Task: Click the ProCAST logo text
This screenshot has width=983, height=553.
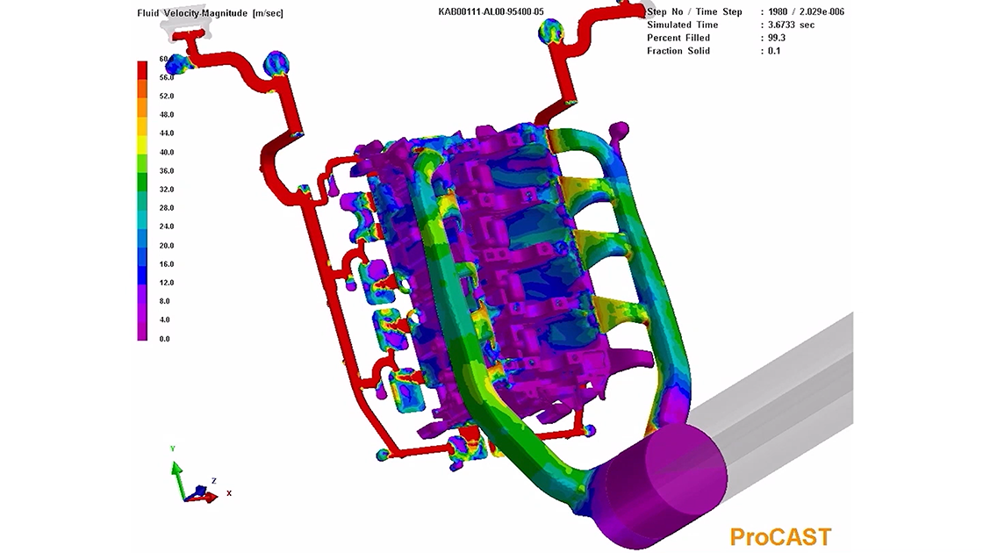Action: coord(780,536)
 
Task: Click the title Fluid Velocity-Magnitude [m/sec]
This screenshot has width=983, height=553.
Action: coord(210,13)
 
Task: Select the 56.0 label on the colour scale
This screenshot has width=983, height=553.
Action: coord(167,77)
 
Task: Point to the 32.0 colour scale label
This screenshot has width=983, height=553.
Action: coord(167,190)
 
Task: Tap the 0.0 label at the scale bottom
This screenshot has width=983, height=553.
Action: coord(164,339)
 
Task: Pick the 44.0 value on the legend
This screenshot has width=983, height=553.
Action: coord(167,133)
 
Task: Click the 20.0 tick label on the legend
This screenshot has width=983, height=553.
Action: coord(167,245)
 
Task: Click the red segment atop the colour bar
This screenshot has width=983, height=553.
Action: coord(142,69)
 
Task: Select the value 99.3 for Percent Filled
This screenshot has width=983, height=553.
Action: coord(777,38)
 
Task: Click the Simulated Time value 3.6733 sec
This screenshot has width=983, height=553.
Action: coord(791,25)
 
